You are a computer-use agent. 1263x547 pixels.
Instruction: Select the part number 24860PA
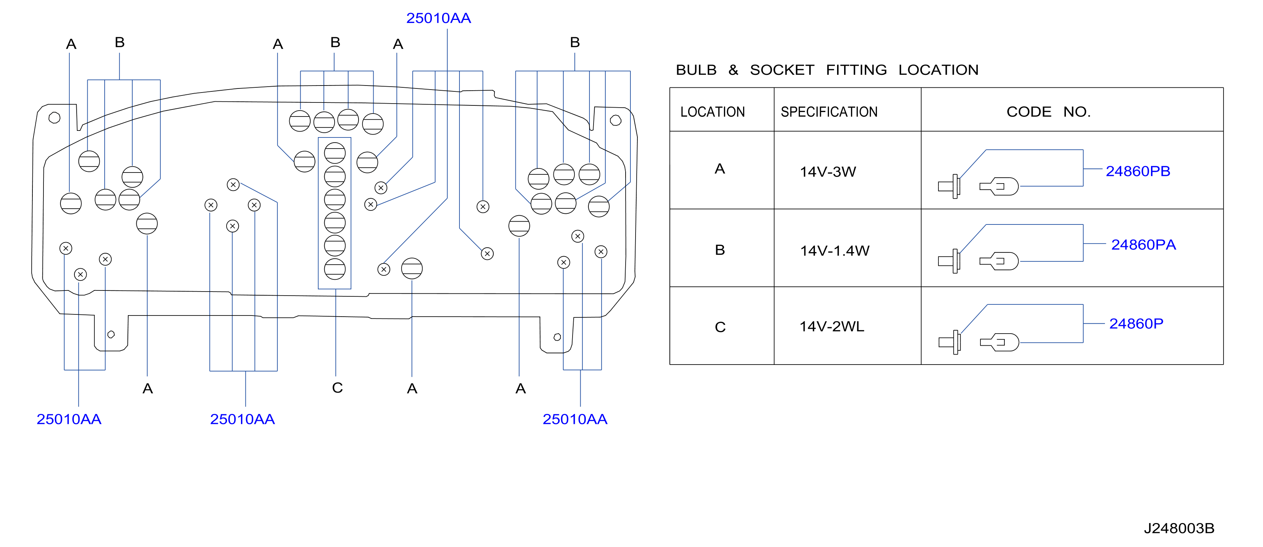tap(1143, 245)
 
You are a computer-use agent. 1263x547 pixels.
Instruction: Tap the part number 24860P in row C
tap(1136, 324)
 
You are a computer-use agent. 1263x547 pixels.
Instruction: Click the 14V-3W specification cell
tap(828, 172)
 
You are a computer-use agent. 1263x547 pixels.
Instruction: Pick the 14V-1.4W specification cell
tap(835, 251)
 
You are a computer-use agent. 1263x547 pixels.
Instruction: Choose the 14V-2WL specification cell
tap(832, 326)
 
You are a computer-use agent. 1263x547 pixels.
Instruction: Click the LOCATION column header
tap(713, 112)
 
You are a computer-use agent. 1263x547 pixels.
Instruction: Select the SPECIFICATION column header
tap(829, 112)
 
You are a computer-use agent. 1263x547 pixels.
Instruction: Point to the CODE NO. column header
tap(1048, 112)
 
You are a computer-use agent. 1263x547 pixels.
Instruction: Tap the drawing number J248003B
tap(1179, 528)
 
